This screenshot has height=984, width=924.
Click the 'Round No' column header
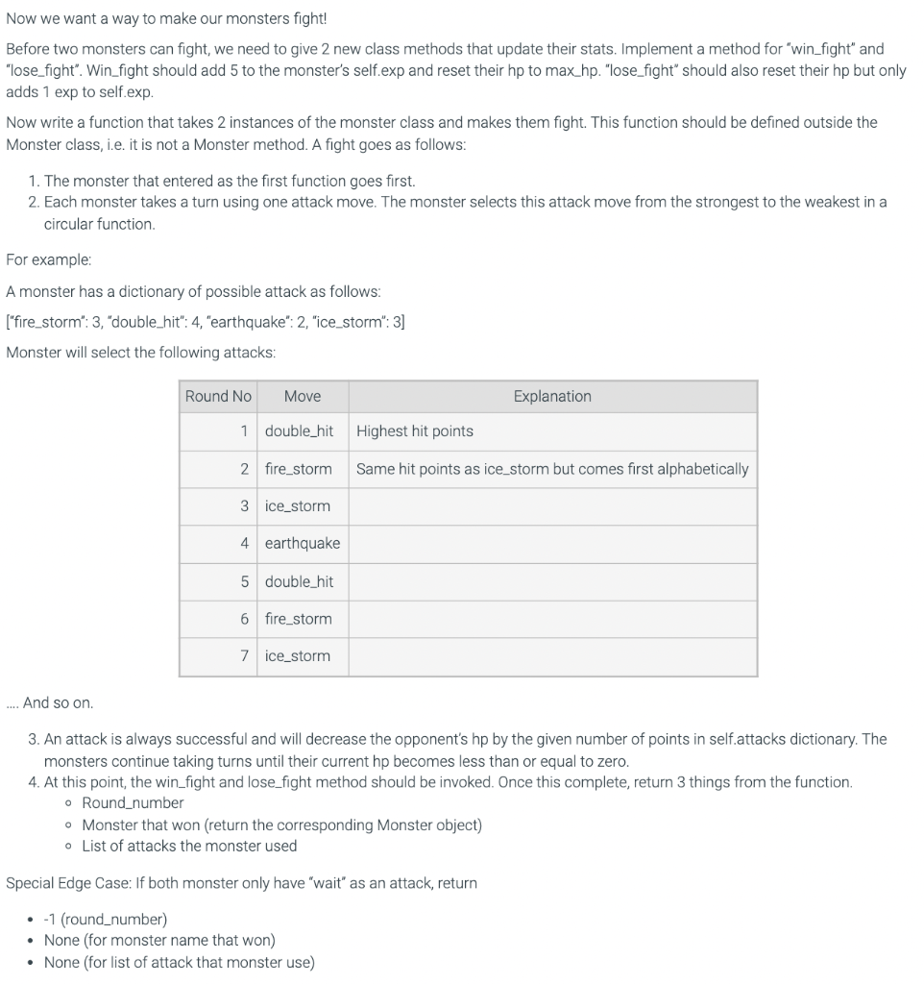tap(218, 396)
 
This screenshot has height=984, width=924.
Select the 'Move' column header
tap(303, 396)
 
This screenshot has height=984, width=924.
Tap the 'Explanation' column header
tap(552, 396)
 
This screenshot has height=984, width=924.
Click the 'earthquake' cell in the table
tap(303, 543)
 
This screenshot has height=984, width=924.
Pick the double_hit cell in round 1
tap(299, 430)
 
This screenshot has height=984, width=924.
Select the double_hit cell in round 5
tap(299, 581)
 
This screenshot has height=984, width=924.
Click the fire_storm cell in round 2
tap(298, 469)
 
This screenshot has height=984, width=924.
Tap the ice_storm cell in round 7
tap(297, 655)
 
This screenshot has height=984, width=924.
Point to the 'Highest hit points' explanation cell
tap(414, 430)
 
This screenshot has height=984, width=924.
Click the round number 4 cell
tap(245, 543)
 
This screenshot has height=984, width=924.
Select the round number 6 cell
tap(245, 619)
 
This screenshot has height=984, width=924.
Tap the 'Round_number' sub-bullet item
tap(133, 802)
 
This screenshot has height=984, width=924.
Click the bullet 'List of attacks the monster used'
tap(189, 846)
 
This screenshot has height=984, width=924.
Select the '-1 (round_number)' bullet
tap(106, 919)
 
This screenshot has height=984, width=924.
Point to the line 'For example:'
tap(49, 259)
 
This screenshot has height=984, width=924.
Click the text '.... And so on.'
tap(49, 702)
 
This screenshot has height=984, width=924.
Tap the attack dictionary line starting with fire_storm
tap(206, 322)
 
